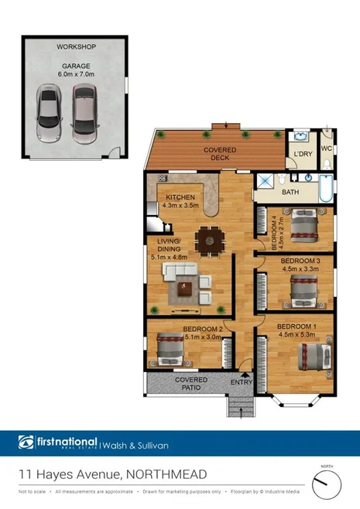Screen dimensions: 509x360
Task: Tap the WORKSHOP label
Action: click(x=75, y=47)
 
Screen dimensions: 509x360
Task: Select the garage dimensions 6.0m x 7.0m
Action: click(x=75, y=75)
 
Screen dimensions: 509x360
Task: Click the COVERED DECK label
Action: click(x=220, y=153)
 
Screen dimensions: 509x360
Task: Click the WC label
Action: click(x=326, y=148)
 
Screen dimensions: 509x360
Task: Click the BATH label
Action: click(x=290, y=192)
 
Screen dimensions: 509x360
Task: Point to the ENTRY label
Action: click(x=242, y=382)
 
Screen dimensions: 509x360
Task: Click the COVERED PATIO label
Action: click(x=190, y=384)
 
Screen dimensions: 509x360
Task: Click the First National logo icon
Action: click(x=26, y=442)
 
